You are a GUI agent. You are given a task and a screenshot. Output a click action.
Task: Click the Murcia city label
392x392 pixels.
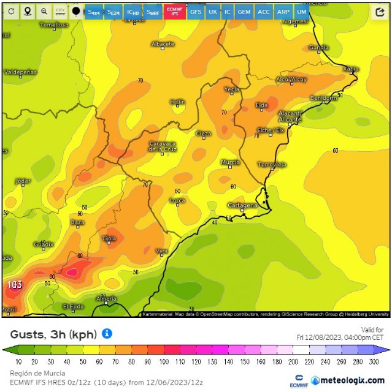coord(230,162)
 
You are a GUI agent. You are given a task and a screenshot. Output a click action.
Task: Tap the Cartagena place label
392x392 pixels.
coord(243,205)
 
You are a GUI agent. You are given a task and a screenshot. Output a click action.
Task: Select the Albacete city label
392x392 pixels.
coord(163,44)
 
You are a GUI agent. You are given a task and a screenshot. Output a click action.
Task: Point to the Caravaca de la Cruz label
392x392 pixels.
coord(163,146)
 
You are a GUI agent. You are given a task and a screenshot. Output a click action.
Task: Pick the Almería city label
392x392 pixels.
coord(106,298)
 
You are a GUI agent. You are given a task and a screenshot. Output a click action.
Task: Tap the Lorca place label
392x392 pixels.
coord(177,200)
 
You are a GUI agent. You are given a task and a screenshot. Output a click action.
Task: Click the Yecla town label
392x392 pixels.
coord(231,89)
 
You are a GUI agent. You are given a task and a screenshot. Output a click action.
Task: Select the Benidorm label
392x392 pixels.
coord(323,98)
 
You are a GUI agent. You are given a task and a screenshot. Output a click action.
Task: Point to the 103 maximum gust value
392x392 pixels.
coord(15,285)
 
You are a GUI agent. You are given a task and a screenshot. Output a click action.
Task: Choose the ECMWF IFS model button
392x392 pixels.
coord(175,12)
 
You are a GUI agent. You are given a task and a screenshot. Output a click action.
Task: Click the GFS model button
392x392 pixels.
coord(195,12)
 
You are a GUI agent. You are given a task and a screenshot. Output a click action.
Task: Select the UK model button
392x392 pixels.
coord(212,12)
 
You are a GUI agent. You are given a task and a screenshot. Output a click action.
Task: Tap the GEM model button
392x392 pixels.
coord(244,12)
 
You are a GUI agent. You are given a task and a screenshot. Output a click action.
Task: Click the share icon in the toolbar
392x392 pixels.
coord(380,11)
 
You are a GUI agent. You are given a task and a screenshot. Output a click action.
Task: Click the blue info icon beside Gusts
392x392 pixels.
coord(107,334)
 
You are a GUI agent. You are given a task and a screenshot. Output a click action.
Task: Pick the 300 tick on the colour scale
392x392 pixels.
coord(374,362)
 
